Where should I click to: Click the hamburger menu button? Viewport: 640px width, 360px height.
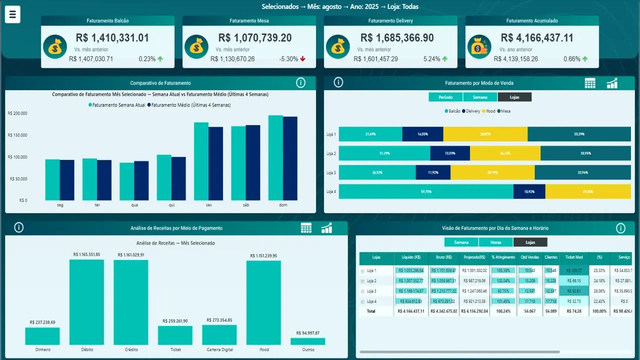(12, 14)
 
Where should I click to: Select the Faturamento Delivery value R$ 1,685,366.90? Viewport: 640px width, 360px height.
(397, 38)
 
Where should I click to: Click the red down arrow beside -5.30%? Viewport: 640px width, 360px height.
(302, 59)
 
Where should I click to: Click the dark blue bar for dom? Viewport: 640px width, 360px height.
(290, 158)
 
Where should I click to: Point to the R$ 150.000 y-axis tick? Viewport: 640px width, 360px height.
(18, 135)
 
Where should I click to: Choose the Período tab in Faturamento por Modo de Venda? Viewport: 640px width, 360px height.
(445, 97)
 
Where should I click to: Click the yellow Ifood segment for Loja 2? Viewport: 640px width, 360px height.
(505, 153)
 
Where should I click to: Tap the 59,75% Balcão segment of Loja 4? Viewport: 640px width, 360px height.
(426, 191)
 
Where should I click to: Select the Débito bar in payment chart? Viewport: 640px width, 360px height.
(86, 302)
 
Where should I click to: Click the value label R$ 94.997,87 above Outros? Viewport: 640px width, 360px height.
(307, 333)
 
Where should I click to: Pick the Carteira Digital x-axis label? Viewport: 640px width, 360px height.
(219, 349)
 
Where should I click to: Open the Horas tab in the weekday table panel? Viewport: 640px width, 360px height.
(495, 242)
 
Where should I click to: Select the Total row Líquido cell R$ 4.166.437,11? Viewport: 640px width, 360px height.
(411, 311)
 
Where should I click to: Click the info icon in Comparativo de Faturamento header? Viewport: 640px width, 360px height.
(300, 83)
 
